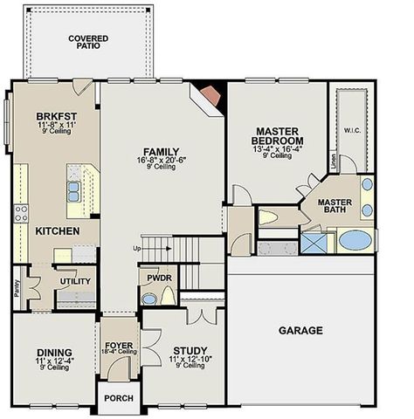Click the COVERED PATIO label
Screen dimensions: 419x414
(x=87, y=41)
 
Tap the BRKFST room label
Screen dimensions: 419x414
(x=58, y=115)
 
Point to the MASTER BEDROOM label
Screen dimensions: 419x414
(x=277, y=134)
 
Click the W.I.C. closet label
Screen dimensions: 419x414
(x=353, y=132)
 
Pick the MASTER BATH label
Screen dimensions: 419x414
(x=335, y=206)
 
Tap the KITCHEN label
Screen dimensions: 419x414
(x=58, y=231)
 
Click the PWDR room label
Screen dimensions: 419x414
(x=158, y=278)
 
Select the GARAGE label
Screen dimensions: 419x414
(x=300, y=331)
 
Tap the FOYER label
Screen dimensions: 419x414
(x=119, y=346)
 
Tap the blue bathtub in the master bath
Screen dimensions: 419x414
(x=355, y=239)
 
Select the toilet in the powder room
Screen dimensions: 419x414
(x=149, y=298)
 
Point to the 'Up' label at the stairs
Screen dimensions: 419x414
(x=136, y=249)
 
